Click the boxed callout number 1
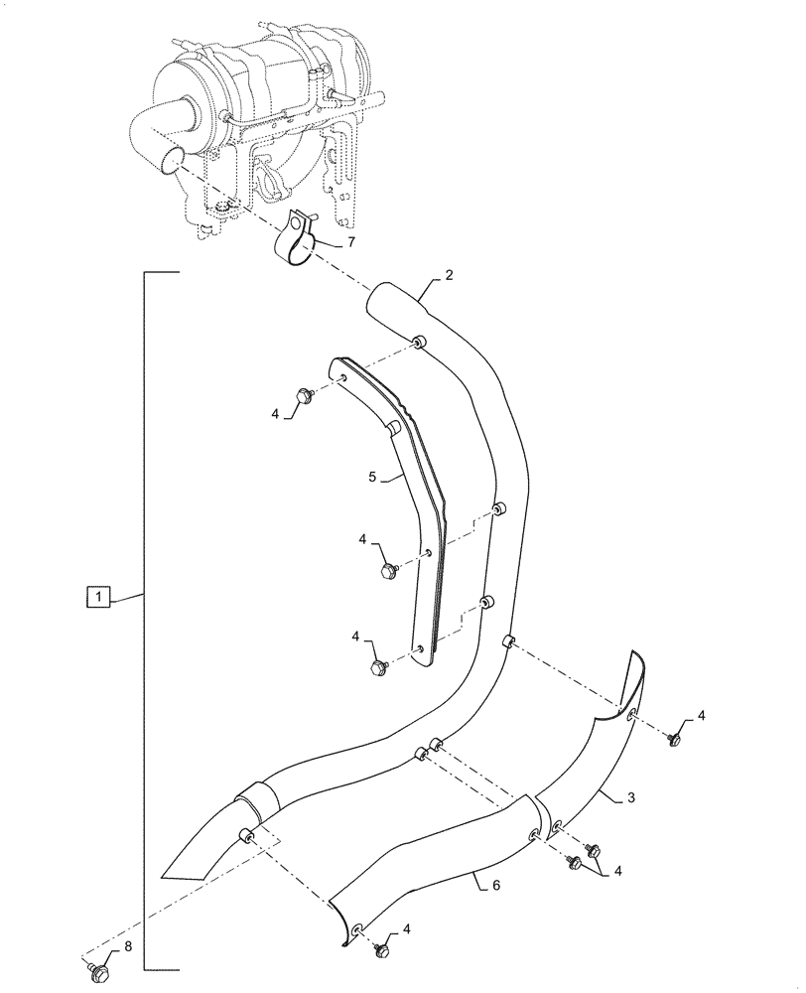97,597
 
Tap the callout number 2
449,275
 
